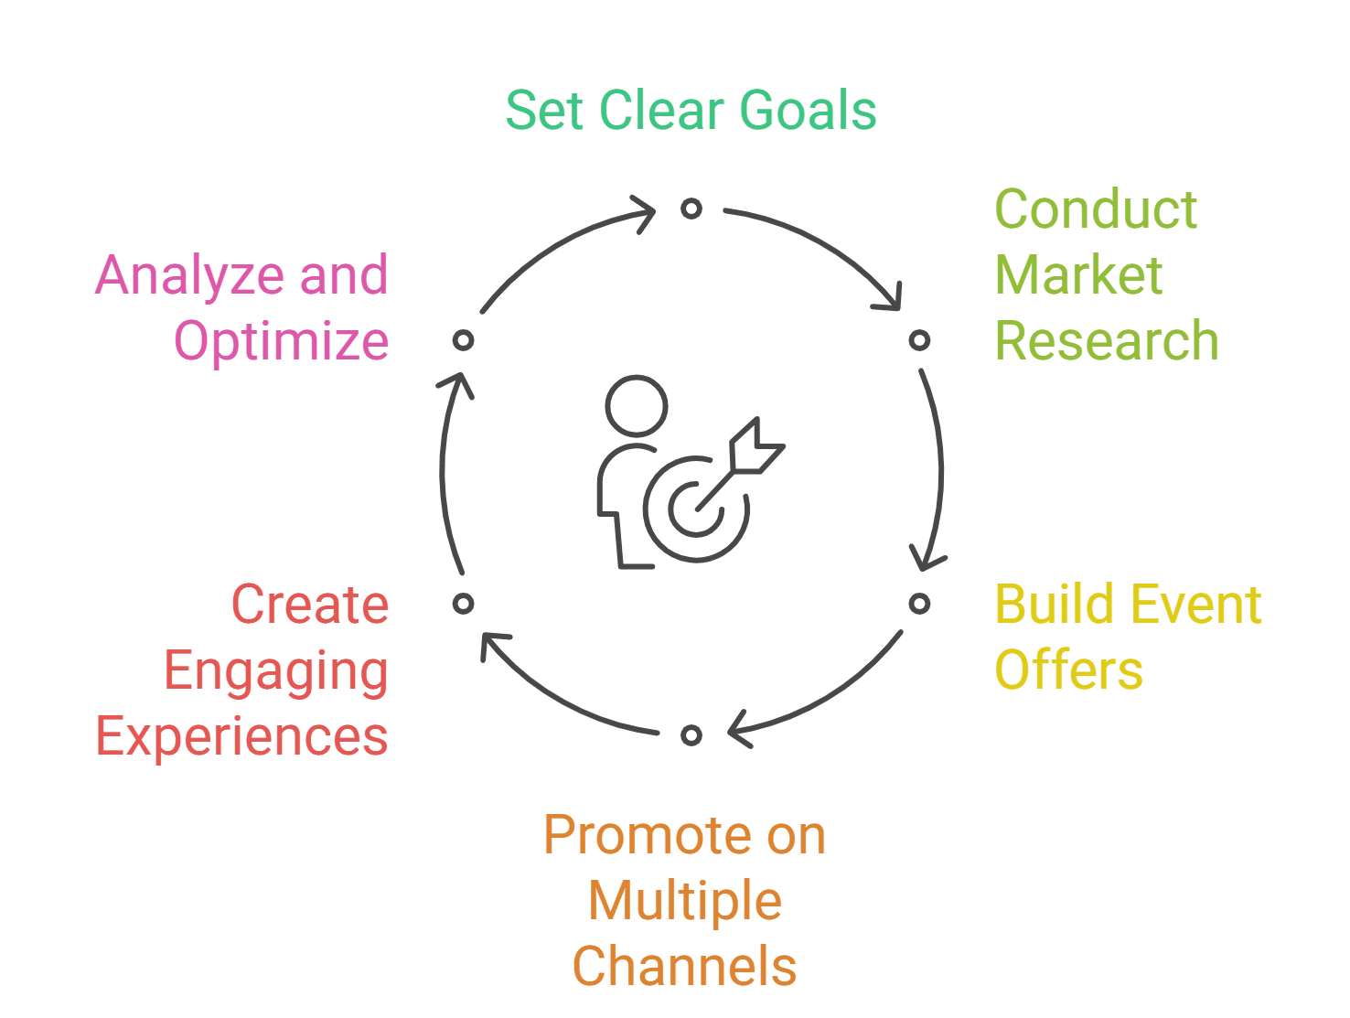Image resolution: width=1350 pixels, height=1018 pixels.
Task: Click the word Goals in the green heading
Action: [x=808, y=112]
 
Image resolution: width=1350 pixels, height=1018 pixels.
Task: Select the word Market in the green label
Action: [x=1078, y=275]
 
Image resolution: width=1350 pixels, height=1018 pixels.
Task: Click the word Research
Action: [x=1107, y=341]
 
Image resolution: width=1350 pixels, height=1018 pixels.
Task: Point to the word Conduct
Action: [x=1096, y=209]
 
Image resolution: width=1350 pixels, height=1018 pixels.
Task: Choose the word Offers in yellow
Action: [x=1068, y=670]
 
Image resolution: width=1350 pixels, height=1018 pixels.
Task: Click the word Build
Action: [x=1043, y=605]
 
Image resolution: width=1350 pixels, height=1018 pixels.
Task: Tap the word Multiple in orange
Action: [x=685, y=902]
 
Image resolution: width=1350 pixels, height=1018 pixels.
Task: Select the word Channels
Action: [x=684, y=968]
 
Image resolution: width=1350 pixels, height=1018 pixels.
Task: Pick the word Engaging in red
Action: [x=276, y=672]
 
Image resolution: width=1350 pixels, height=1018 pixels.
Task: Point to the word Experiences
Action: [x=242, y=737]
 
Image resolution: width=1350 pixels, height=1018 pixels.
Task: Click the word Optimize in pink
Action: [x=282, y=342]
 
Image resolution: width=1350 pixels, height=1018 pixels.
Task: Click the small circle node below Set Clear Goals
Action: [x=691, y=209]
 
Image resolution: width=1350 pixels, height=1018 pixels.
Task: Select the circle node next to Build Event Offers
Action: [x=919, y=604]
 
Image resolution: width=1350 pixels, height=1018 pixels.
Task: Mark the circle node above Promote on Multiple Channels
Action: [x=691, y=735]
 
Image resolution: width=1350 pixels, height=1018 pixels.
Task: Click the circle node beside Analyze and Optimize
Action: [x=464, y=340]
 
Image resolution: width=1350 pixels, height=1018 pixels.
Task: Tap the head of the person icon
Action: [x=637, y=405]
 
